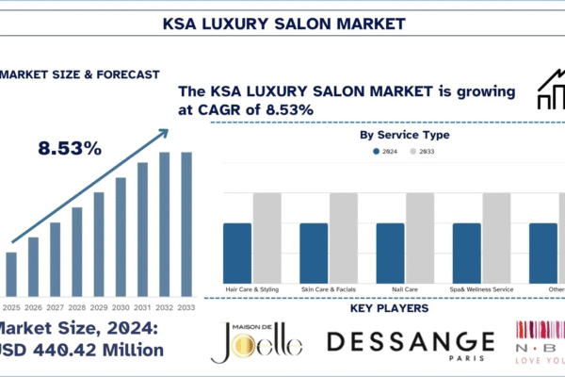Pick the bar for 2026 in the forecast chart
33,267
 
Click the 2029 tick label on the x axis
99,307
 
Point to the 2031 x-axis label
142,307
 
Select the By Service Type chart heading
405,135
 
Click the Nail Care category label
404,288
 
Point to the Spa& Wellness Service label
480,288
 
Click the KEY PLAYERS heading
388,308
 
